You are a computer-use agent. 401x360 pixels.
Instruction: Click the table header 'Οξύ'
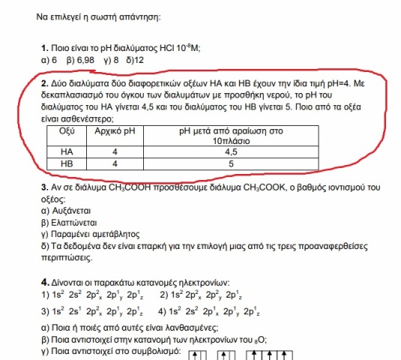click(67, 130)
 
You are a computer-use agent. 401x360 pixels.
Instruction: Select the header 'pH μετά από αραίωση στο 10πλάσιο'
click(230, 135)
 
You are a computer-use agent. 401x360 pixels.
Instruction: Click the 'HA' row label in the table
click(67, 151)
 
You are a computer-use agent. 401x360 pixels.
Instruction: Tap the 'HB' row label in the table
click(67, 163)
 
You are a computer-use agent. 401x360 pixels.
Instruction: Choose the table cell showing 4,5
click(230, 151)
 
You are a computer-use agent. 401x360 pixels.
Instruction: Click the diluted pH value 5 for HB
click(230, 163)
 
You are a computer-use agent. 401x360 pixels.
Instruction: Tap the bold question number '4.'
click(46, 281)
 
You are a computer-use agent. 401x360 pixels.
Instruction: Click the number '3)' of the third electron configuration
click(46, 310)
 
